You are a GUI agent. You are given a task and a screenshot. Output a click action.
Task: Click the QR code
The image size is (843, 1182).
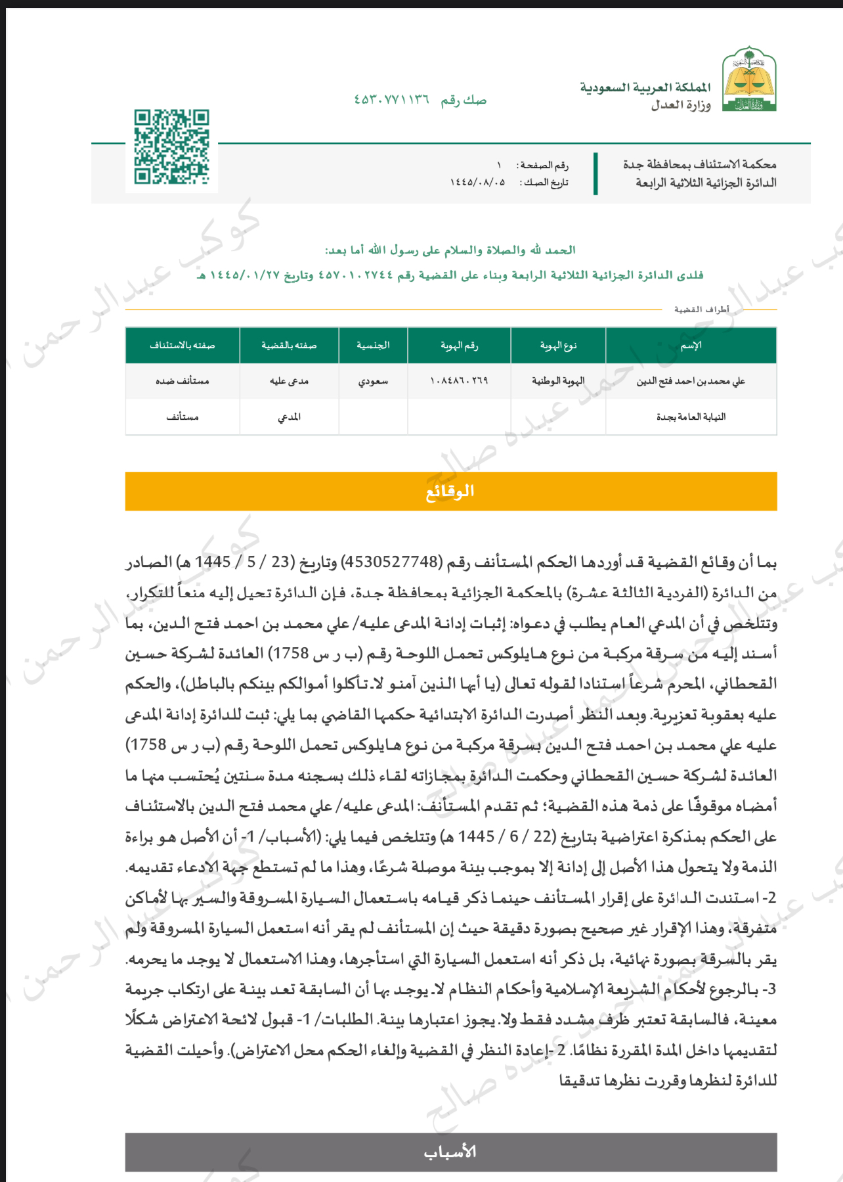[x=171, y=147]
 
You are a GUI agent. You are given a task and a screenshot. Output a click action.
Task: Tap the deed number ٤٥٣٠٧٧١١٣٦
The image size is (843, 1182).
[x=392, y=100]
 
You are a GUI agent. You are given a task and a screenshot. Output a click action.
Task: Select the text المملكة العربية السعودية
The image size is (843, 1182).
[x=645, y=87]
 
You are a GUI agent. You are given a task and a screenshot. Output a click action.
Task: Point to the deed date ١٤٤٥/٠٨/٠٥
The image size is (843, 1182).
[x=477, y=182]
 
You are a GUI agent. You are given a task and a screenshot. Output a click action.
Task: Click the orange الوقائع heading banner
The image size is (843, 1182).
[x=450, y=491]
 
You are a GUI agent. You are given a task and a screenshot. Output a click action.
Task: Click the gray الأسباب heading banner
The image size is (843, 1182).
[x=450, y=1152]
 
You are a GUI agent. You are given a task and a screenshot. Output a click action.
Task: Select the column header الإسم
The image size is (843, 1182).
[x=691, y=346]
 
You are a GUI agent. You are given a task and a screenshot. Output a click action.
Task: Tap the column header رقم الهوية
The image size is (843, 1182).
[x=459, y=346]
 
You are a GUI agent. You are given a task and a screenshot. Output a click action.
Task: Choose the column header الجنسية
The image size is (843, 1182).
[x=373, y=346]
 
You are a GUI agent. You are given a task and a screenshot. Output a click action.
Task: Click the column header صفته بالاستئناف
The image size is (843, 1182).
[x=183, y=346]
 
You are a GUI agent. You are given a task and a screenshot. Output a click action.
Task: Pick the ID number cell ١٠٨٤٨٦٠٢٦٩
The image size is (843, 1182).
[x=459, y=381]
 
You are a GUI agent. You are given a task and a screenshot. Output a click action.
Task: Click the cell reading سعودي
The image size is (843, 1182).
[x=373, y=381]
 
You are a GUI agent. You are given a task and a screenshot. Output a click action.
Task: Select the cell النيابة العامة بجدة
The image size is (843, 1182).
[x=691, y=417]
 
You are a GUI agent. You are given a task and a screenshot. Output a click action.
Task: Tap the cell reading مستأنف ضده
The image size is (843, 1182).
[x=183, y=381]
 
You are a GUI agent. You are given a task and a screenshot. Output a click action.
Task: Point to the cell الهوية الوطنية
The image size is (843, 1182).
[x=558, y=381]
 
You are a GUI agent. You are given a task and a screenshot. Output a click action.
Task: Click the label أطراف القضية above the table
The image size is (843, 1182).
[x=701, y=309]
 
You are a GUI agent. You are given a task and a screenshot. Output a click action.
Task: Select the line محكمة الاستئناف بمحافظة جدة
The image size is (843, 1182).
[x=699, y=164]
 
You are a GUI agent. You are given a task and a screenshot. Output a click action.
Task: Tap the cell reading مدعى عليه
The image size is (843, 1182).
[x=289, y=381]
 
